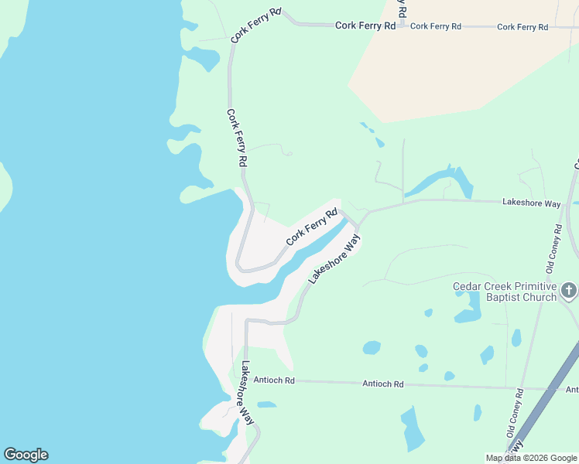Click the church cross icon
click(x=569, y=291)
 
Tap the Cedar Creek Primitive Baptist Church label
click(x=505, y=292)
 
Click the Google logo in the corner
click(x=26, y=455)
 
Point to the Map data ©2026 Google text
click(x=531, y=458)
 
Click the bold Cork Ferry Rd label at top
click(x=365, y=26)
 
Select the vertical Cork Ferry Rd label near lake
click(x=237, y=138)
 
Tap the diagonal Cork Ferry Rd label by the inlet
click(x=312, y=227)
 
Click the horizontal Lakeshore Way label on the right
click(x=531, y=203)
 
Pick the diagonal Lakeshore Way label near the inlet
click(x=335, y=259)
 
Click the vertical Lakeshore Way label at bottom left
click(x=247, y=393)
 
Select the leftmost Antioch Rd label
click(x=279, y=380)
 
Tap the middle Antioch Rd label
click(x=383, y=384)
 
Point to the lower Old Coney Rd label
click(x=516, y=420)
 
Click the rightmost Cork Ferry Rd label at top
click(x=522, y=27)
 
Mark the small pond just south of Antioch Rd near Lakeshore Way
click(x=266, y=404)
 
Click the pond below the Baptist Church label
click(x=468, y=314)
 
